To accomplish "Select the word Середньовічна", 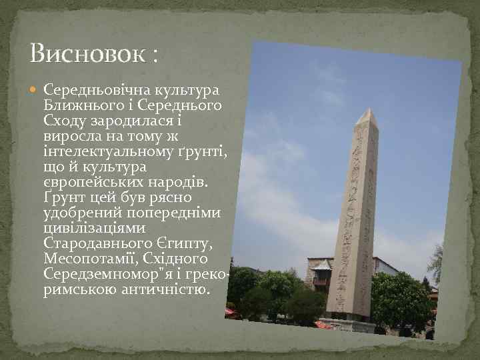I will [x=91, y=89].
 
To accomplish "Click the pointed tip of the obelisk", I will [x=364, y=111].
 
